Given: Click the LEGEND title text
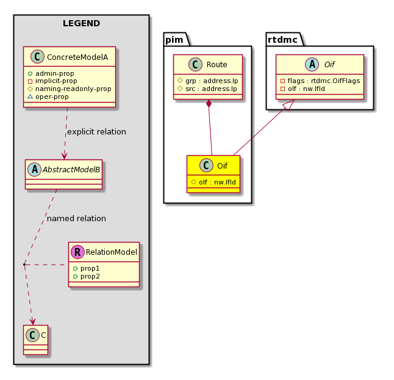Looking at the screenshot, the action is pyautogui.click(x=81, y=23).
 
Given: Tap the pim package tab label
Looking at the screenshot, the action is pyautogui.click(x=174, y=40).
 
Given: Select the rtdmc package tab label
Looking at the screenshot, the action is pyautogui.click(x=282, y=40).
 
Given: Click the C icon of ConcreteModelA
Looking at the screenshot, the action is pyautogui.click(x=37, y=57).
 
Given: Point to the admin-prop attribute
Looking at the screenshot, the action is pyautogui.click(x=55, y=73).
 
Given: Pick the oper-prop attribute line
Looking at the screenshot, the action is pyautogui.click(x=52, y=97).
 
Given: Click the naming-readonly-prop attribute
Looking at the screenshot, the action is pyautogui.click(x=73, y=89).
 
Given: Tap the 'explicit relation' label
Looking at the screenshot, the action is pyautogui.click(x=97, y=131).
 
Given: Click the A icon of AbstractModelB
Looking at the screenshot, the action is pyautogui.click(x=35, y=169).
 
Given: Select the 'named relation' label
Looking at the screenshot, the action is pyautogui.click(x=76, y=219).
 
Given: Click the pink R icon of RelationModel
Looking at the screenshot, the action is pyautogui.click(x=77, y=252).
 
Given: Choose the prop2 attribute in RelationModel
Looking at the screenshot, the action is pyautogui.click(x=90, y=276).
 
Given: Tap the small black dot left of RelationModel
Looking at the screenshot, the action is pyautogui.click(x=24, y=265).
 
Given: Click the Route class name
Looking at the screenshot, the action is pyautogui.click(x=217, y=65).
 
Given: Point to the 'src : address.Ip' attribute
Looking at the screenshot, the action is pyautogui.click(x=211, y=89).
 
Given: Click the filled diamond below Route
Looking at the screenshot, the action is pyautogui.click(x=209, y=103).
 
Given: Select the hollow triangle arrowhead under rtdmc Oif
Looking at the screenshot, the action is pyautogui.click(x=290, y=104).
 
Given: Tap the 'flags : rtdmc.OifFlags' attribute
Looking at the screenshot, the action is pyautogui.click(x=324, y=81).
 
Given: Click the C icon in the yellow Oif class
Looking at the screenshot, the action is pyautogui.click(x=206, y=166).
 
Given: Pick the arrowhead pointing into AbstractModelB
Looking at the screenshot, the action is pyautogui.click(x=64, y=156).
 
